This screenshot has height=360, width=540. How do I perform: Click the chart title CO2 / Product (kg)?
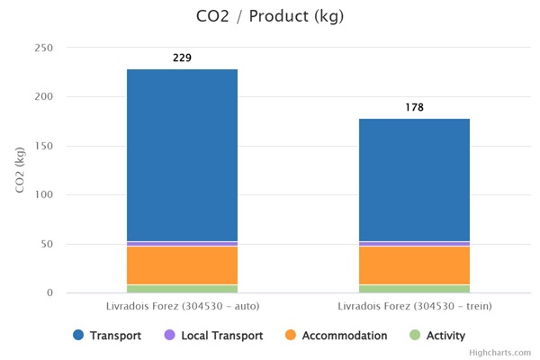click(x=269, y=16)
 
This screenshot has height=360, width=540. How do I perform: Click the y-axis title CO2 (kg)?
click(x=20, y=170)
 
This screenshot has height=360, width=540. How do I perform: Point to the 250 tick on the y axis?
click(x=44, y=48)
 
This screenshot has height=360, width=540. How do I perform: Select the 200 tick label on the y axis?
click(x=44, y=97)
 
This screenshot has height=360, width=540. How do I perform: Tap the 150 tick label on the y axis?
click(x=44, y=146)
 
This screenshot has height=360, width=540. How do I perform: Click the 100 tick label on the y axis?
click(x=44, y=195)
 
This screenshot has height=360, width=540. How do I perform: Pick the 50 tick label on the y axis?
click(x=47, y=244)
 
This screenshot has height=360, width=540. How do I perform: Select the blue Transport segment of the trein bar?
click(x=414, y=180)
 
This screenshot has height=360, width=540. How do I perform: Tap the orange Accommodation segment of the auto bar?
click(x=182, y=265)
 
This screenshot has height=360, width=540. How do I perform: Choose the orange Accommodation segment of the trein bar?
click(x=414, y=265)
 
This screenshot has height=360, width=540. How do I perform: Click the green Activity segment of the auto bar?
click(x=182, y=289)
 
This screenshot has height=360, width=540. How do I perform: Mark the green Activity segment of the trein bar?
click(x=414, y=289)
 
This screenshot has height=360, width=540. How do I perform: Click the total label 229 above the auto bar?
click(x=182, y=58)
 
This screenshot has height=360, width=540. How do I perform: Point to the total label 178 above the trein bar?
click(x=414, y=108)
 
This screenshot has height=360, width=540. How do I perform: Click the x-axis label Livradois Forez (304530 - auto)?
click(x=182, y=306)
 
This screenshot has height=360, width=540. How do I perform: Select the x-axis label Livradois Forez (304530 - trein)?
click(x=414, y=306)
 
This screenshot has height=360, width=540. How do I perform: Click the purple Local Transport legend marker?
click(x=169, y=336)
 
